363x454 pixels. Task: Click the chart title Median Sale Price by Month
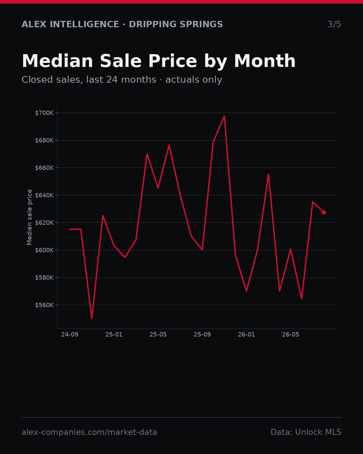(159, 61)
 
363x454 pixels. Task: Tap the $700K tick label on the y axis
(44, 113)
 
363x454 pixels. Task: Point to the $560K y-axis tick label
(44, 305)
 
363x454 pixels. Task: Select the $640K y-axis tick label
(44, 195)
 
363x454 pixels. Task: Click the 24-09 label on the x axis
(70, 335)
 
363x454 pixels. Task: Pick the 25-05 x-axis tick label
(158, 335)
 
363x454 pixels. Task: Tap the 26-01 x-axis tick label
(246, 335)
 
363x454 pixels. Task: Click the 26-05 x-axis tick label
(290, 335)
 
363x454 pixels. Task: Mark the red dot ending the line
(324, 213)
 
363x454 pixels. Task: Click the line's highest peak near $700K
(224, 116)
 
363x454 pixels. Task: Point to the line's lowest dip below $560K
(92, 318)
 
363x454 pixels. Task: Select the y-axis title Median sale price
(29, 217)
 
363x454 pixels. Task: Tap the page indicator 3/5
(334, 24)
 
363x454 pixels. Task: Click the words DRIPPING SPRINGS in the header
(176, 24)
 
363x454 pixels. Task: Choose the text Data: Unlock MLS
(306, 432)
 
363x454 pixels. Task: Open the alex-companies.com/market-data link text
(89, 432)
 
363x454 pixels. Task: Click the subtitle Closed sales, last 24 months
(89, 80)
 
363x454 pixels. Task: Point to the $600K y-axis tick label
(44, 250)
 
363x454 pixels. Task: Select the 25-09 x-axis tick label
(202, 335)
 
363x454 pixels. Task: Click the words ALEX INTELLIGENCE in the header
(70, 24)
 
